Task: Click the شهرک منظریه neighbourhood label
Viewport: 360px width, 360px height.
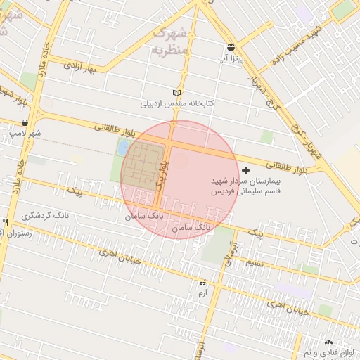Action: click(170, 41)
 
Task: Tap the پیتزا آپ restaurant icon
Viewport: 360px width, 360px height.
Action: click(231, 48)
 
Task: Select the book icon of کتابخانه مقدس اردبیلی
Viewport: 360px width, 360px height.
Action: click(176, 92)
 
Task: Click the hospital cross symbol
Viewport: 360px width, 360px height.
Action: click(245, 170)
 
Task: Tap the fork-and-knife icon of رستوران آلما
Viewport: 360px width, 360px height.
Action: click(6, 222)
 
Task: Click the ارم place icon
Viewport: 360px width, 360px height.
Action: click(202, 283)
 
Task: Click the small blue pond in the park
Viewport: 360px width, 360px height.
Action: click(124, 148)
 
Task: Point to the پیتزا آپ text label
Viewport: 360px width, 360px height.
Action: click(231, 60)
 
